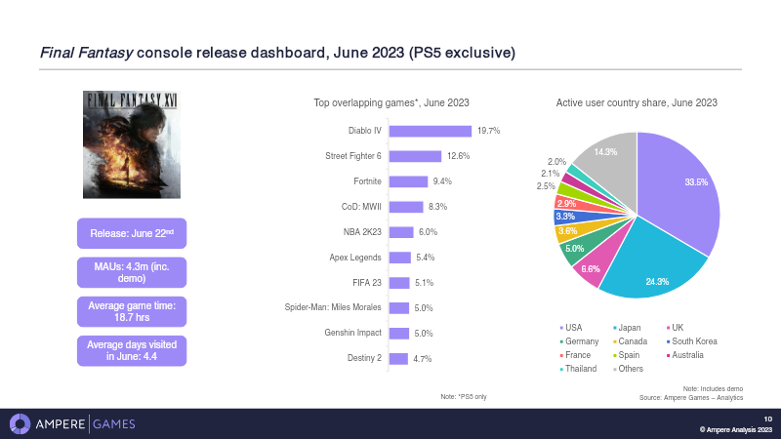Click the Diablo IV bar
(x=430, y=130)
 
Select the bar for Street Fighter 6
(x=415, y=155)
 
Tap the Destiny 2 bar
(x=398, y=358)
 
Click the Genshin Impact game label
(x=352, y=333)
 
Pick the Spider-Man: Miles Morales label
(x=333, y=307)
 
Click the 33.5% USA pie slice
(x=683, y=195)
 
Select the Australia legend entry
(x=691, y=354)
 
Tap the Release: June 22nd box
(x=131, y=234)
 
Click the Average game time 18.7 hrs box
(x=131, y=312)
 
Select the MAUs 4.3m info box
(x=131, y=272)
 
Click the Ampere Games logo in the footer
(x=72, y=423)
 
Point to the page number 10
(x=767, y=419)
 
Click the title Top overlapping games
(x=391, y=101)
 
